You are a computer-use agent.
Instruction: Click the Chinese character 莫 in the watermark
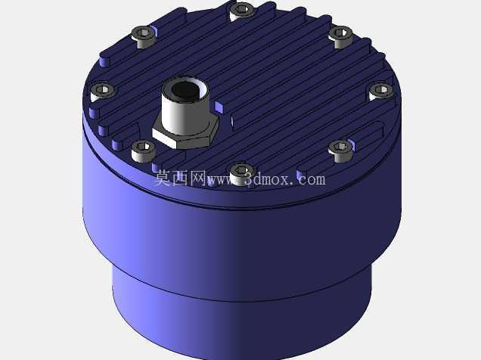coord(162,178)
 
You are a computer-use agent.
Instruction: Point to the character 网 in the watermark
coord(198,178)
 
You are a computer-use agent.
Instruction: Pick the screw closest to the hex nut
coord(143,151)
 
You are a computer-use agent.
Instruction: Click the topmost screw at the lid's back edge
coord(242,11)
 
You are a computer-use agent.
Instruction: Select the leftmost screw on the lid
coord(102,91)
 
